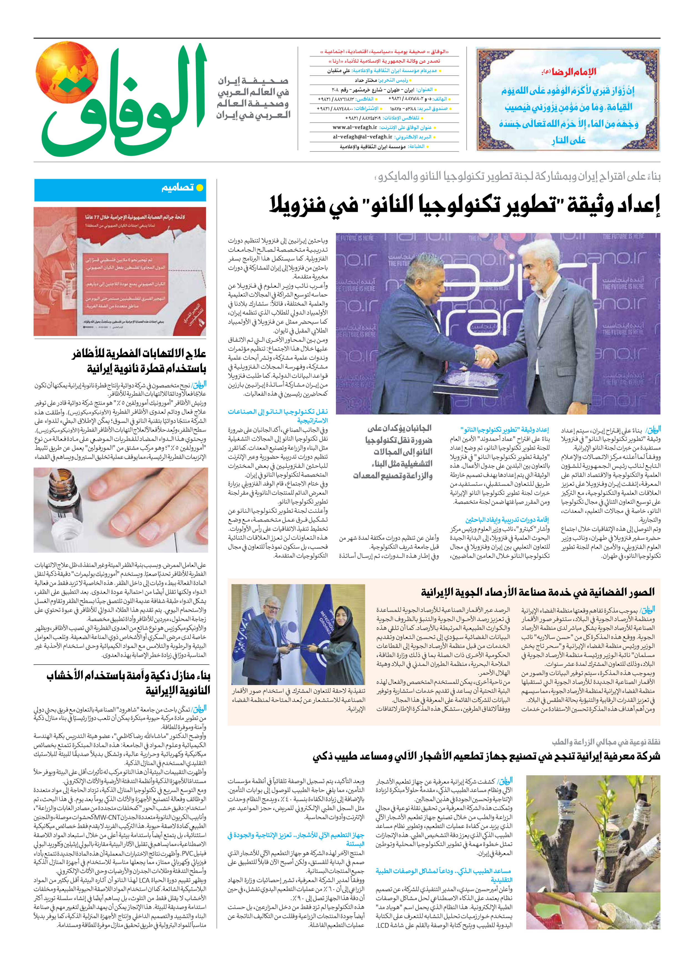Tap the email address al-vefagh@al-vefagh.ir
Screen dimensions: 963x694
pos(363,137)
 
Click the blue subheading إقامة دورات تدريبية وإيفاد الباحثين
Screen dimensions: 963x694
pos(507,520)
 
